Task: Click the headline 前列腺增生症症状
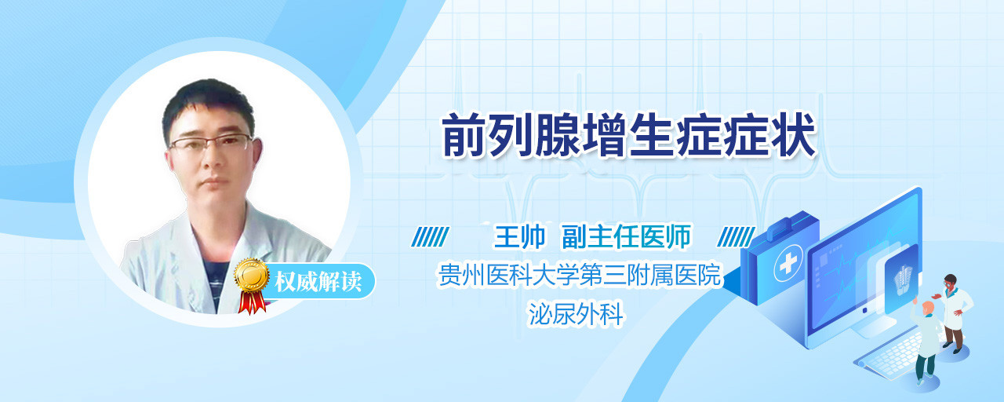[x=629, y=135]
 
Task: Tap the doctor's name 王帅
[x=519, y=236]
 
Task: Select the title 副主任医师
[x=627, y=236]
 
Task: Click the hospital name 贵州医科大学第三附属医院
[x=579, y=275]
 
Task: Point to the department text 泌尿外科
[x=576, y=313]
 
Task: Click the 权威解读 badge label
[x=318, y=282]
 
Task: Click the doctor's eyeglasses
[x=211, y=143]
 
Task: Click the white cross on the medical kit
[x=788, y=263]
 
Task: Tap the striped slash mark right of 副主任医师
[x=737, y=237]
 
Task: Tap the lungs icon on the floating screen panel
[x=903, y=278]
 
